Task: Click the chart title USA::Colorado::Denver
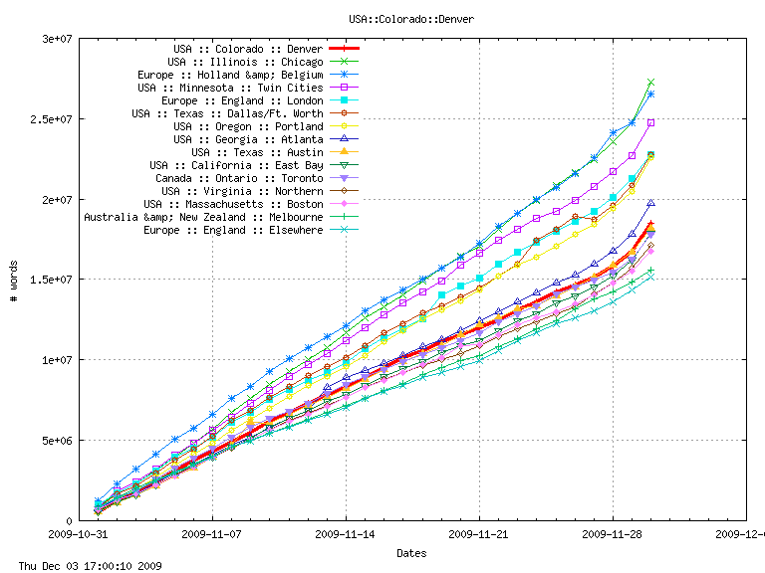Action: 411,19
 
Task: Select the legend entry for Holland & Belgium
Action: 230,75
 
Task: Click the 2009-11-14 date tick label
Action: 346,534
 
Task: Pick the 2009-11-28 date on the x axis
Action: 612,534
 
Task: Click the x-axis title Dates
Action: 411,552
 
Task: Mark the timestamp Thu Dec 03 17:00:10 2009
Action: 83,566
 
